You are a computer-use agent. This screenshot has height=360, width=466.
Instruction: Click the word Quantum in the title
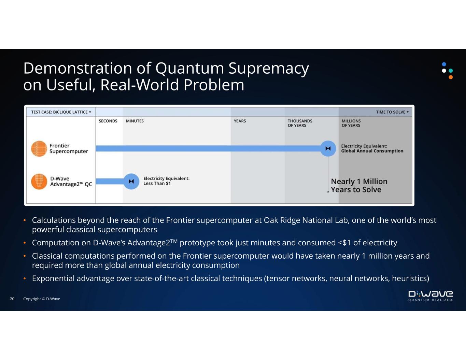(189, 69)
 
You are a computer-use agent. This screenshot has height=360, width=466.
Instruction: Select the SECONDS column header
(108, 121)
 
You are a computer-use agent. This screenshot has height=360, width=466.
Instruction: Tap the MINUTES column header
(135, 121)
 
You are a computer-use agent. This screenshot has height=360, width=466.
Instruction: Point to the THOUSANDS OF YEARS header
(300, 123)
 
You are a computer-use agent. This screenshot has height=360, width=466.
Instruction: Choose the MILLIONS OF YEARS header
(351, 123)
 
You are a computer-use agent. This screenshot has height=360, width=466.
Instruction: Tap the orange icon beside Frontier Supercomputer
(39, 149)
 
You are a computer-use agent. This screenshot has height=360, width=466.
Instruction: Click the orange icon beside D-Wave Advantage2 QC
(39, 182)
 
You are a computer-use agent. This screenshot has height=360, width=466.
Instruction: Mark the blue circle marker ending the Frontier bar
(328, 148)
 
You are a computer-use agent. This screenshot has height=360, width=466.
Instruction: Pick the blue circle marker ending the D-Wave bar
(131, 182)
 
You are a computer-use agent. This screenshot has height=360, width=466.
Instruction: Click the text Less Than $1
(157, 184)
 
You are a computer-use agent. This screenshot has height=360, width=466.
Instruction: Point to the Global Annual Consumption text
(372, 151)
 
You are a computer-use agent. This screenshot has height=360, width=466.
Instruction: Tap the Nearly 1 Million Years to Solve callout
(359, 186)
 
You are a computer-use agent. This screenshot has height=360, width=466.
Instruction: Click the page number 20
(12, 299)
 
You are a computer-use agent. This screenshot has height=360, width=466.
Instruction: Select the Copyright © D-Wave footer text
(42, 299)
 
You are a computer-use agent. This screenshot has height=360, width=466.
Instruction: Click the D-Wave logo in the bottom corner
(430, 296)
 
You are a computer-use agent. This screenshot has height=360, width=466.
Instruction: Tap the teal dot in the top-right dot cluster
(451, 71)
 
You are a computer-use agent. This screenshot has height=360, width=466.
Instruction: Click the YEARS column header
(240, 121)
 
